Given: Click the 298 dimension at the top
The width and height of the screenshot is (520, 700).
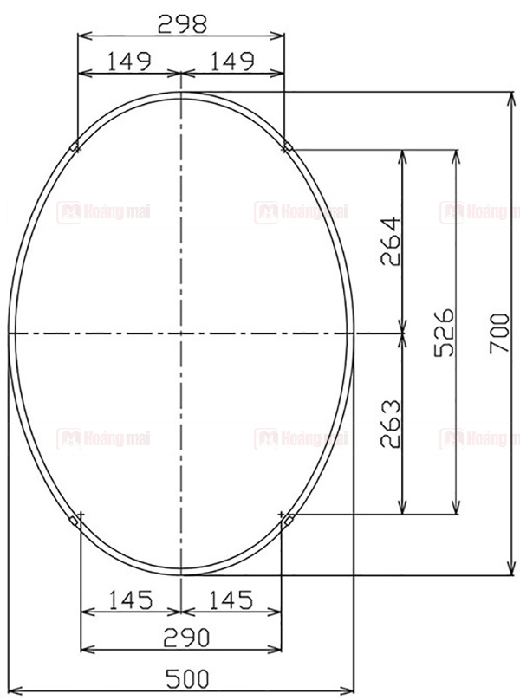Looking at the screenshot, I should click(181, 24).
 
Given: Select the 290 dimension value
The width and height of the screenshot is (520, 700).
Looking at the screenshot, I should click(181, 638).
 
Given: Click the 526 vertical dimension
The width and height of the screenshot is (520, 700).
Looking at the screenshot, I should click(443, 332).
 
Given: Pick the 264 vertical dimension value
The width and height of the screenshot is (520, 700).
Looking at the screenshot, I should click(391, 242).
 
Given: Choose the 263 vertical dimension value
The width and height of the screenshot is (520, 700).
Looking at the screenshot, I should click(391, 424).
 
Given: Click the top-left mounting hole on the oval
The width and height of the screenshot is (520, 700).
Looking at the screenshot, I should click(76, 147).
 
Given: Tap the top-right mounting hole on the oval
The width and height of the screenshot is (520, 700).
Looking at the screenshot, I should click(287, 147).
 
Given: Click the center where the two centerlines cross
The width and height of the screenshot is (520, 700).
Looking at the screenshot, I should click(180, 333).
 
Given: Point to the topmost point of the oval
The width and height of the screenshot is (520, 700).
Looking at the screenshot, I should click(180, 91).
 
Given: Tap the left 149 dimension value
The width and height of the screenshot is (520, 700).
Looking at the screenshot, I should click(129, 62).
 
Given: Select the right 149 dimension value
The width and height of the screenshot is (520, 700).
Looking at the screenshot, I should click(231, 62).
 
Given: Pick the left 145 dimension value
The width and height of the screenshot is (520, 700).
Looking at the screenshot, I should click(131, 599).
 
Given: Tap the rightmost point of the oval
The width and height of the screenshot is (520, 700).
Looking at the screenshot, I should click(354, 333).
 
